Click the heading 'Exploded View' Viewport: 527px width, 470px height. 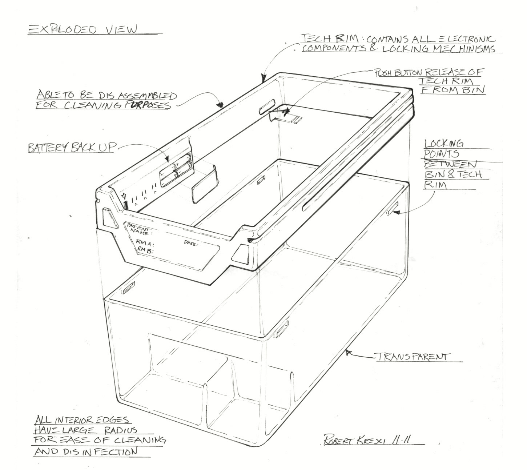pos(82,30)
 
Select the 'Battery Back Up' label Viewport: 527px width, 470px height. pos(71,148)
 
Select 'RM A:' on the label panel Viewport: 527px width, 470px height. pos(145,243)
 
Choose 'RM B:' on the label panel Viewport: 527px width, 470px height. pos(145,251)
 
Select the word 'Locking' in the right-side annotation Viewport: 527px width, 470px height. pos(443,144)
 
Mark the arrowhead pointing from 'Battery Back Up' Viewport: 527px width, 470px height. pos(167,159)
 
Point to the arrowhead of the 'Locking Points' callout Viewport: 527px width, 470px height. pos(397,213)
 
